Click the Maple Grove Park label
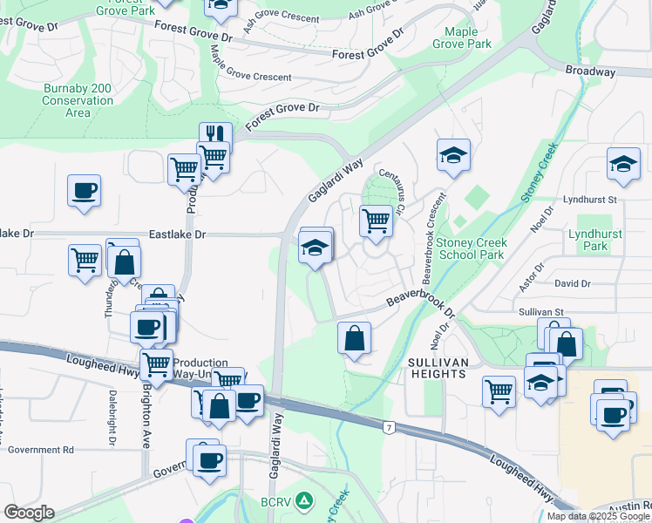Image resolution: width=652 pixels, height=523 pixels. [467, 37]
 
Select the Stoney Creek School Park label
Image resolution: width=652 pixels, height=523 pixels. [471, 248]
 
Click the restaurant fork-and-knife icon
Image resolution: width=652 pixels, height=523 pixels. [215, 137]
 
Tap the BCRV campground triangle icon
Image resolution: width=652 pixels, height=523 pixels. [303, 500]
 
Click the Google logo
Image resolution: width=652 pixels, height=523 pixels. [29, 513]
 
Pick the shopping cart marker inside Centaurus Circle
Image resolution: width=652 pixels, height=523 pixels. [376, 219]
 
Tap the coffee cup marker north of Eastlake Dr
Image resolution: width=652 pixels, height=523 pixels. [85, 190]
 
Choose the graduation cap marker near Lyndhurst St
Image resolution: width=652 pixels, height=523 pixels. [623, 164]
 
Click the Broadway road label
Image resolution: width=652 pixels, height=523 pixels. [590, 72]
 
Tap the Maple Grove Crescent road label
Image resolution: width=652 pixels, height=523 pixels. [251, 77]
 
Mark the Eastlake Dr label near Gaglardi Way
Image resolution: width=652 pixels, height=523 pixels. [177, 234]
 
